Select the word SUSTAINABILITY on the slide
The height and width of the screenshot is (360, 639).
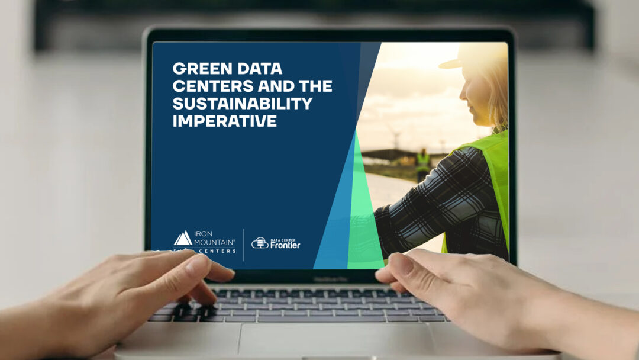click(x=242, y=104)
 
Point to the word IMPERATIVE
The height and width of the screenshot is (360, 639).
click(x=225, y=121)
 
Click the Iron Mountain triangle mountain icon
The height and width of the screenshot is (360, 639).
click(x=183, y=238)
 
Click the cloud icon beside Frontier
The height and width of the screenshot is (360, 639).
click(x=260, y=243)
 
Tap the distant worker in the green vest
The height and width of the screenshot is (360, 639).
click(x=423, y=161)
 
